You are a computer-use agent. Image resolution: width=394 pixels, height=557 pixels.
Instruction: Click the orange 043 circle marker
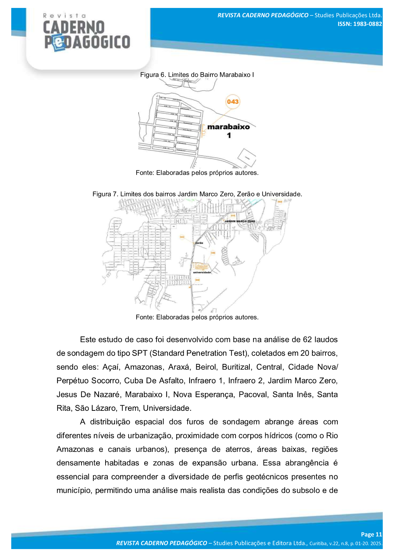click(x=233, y=102)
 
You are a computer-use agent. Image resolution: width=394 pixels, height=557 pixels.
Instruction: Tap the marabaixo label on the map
click(x=228, y=127)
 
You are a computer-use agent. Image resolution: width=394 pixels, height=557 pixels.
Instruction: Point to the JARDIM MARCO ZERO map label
click(x=240, y=221)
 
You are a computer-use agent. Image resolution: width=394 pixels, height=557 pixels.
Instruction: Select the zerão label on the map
click(x=199, y=243)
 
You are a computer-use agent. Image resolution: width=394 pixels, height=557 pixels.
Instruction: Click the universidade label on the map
click(x=202, y=272)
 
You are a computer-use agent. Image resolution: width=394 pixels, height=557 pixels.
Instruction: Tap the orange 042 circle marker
click(x=182, y=237)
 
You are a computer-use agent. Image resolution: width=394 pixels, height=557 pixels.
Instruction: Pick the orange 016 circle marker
click(x=233, y=215)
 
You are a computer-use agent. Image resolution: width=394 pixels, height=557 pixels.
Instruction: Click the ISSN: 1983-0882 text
click(x=360, y=24)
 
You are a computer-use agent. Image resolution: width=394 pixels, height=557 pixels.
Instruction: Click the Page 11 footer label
click(x=371, y=534)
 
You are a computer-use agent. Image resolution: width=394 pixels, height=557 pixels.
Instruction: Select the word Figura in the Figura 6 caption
click(x=150, y=75)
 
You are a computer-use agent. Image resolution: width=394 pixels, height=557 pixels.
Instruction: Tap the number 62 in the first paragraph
click(x=307, y=340)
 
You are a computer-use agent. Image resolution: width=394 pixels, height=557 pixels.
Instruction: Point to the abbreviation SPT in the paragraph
click(x=140, y=353)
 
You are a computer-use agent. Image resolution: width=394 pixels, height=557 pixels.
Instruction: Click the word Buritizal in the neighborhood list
click(x=236, y=367)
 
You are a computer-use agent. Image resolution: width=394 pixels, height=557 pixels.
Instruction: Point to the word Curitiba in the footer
click(x=318, y=543)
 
